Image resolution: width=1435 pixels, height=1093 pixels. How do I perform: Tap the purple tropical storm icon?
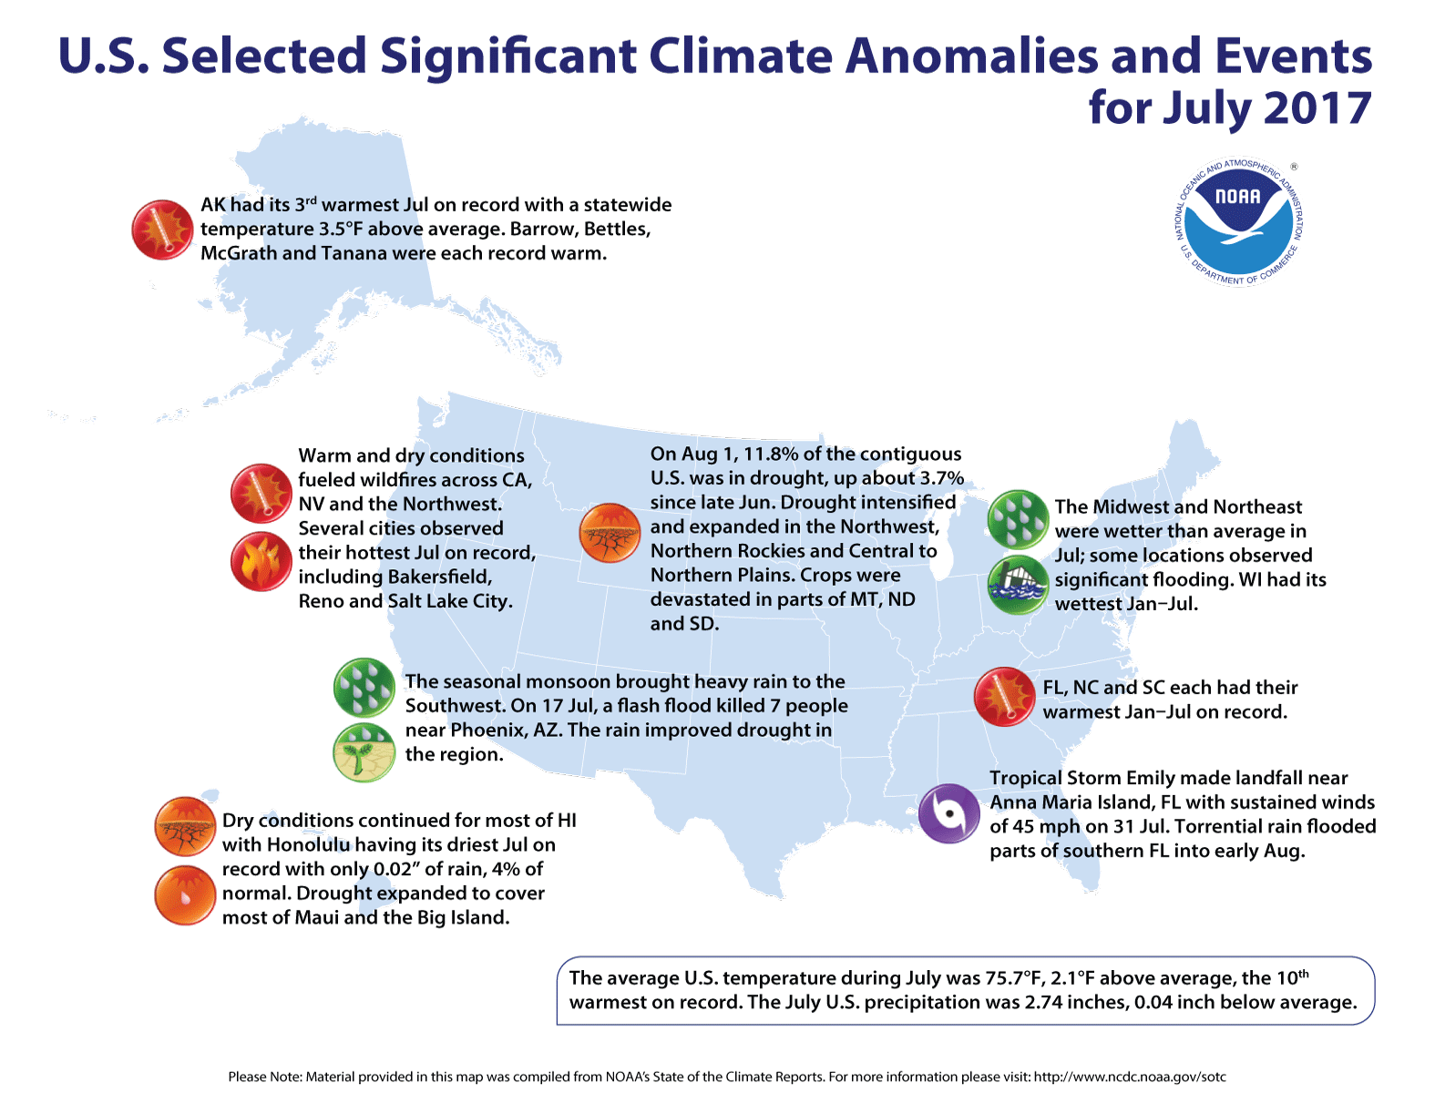(x=948, y=813)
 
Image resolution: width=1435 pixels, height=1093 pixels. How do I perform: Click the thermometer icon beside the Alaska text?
(x=162, y=230)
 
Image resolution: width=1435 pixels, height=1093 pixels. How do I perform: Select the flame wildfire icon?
(x=261, y=562)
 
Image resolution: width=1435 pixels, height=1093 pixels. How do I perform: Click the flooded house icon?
(x=1018, y=584)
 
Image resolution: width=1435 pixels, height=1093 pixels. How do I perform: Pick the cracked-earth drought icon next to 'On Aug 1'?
(x=610, y=533)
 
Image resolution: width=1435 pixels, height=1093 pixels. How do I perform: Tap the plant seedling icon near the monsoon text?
(x=364, y=752)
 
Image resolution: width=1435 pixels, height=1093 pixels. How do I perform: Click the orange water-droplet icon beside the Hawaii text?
(x=184, y=895)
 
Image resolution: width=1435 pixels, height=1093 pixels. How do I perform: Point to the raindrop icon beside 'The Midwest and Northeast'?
(x=1018, y=519)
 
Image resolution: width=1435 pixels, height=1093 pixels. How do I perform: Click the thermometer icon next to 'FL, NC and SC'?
(x=1004, y=697)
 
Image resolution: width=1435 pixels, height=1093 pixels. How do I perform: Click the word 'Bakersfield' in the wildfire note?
(x=440, y=577)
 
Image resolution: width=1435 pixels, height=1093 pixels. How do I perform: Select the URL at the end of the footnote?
(x=1130, y=1077)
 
